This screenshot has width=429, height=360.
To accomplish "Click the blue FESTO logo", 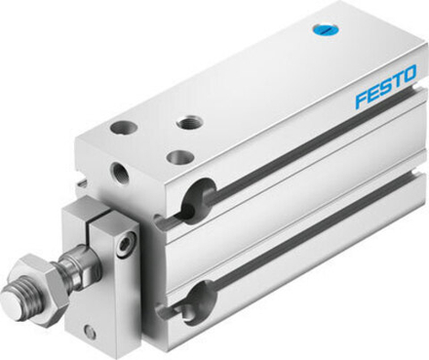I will pyautogui.click(x=384, y=87).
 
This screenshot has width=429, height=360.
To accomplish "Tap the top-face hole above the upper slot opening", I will pyautogui.click(x=178, y=156).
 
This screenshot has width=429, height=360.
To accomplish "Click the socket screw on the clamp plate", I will pyautogui.click(x=126, y=246).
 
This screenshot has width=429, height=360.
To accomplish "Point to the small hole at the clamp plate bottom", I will pyautogui.click(x=91, y=333).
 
